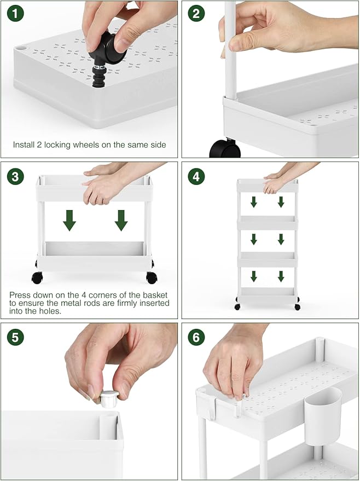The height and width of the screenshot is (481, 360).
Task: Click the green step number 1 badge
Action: pyautogui.click(x=15, y=14)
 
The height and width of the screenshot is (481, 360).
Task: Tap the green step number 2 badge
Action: pyautogui.click(x=196, y=14)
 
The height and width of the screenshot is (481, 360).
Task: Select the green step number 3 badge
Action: pyautogui.click(x=15, y=176)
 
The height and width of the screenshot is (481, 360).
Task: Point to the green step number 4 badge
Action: pyautogui.click(x=196, y=176)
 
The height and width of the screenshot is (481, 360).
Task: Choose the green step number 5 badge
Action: pyautogui.click(x=15, y=337)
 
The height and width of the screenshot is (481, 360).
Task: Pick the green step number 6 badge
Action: pyautogui.click(x=196, y=337)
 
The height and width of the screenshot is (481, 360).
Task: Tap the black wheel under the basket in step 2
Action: pyautogui.click(x=225, y=148)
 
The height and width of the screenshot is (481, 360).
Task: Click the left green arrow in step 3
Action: pyautogui.click(x=69, y=221)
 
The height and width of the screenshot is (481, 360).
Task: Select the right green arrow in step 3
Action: pyautogui.click(x=121, y=221)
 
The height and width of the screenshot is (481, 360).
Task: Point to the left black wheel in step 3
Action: pyautogui.click(x=37, y=277)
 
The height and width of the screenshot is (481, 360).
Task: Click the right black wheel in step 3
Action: pyautogui.click(x=152, y=277)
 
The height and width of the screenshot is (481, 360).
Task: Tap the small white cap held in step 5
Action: pyautogui.click(x=109, y=399)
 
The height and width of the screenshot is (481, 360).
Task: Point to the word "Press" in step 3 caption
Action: pyautogui.click(x=20, y=295)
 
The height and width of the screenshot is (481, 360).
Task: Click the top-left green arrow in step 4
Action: pyautogui.click(x=254, y=202)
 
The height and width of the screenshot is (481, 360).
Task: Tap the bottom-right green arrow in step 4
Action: pyautogui.click(x=281, y=276)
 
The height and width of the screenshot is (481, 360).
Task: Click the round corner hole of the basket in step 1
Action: pyautogui.click(x=21, y=48)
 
